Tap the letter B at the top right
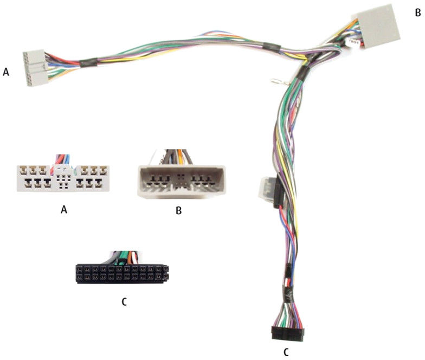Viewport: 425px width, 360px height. coord(417,13)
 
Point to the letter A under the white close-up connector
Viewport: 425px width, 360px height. coord(64,209)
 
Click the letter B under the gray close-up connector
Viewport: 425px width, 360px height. coord(179,210)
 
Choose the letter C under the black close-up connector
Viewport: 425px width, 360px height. coord(124,301)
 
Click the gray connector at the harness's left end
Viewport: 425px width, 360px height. coord(34,68)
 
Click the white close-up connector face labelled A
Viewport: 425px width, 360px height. coord(63,178)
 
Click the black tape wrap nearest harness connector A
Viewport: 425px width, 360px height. coord(88,63)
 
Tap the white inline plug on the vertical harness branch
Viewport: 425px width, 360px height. coord(267,189)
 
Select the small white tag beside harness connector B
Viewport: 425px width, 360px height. coord(353,42)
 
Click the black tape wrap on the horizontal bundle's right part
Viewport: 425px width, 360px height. coord(271,47)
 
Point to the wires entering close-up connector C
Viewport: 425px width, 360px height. coord(125,258)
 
